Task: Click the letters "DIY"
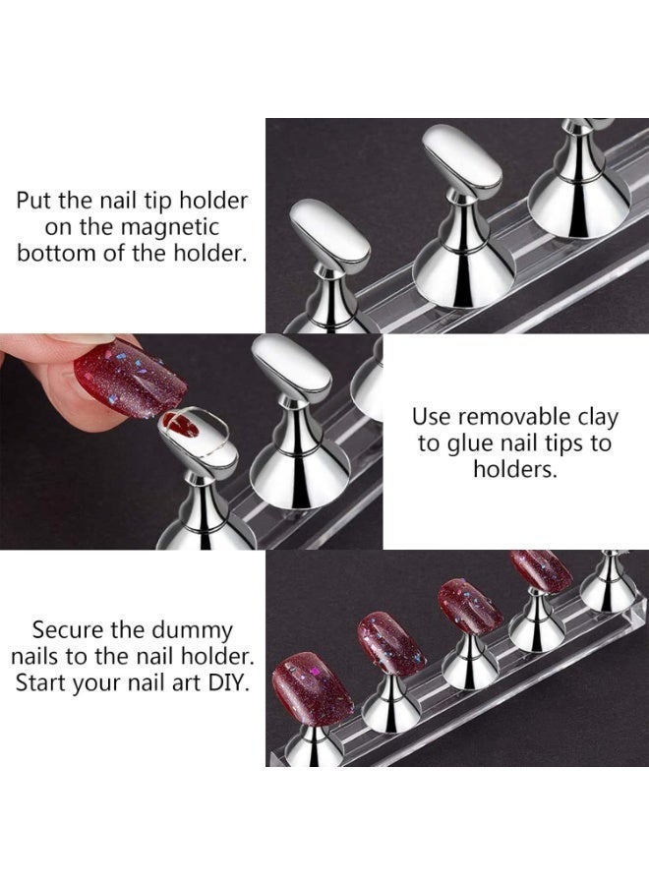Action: [227, 681]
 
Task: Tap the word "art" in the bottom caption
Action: [181, 681]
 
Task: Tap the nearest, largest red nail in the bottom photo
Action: [313, 689]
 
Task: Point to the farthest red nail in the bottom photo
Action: [541, 569]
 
